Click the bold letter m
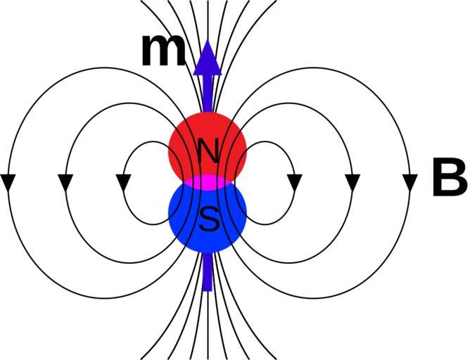coord(163,51)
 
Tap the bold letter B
coord(448,179)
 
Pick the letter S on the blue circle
coord(208,220)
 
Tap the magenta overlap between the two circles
coord(208,183)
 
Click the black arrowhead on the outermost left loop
coord(8,182)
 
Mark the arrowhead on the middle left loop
coord(65,182)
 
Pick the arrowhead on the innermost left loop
coord(123,182)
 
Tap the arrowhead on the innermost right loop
coord(294,182)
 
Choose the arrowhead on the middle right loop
coord(352,182)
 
